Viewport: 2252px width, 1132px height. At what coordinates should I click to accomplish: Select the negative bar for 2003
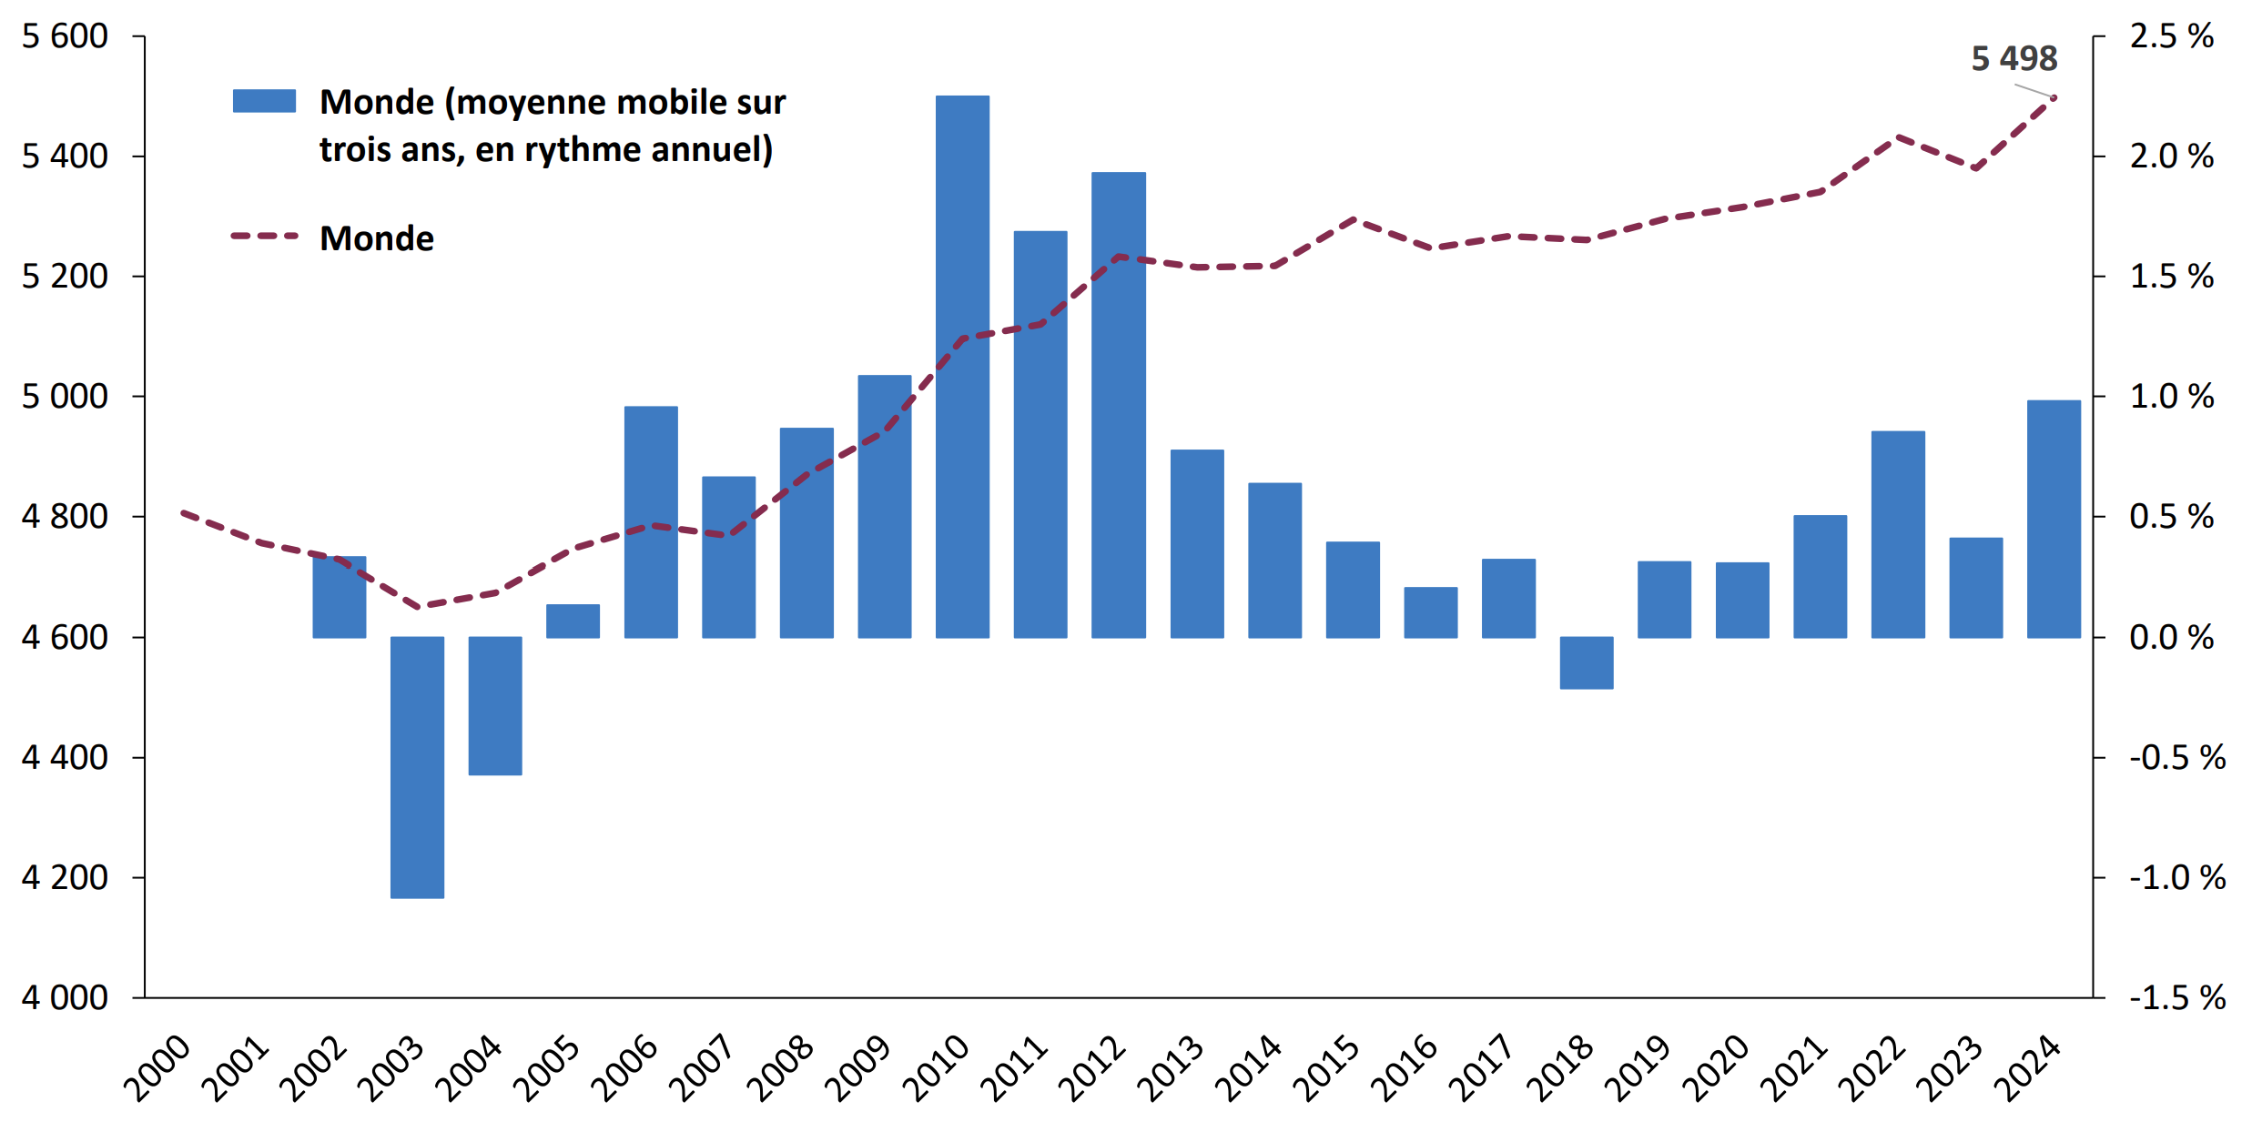click(417, 767)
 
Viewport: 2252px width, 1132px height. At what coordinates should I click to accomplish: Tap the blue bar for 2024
click(2054, 519)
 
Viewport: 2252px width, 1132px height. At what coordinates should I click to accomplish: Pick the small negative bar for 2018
click(1586, 662)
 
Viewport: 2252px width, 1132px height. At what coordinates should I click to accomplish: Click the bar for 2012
click(1119, 404)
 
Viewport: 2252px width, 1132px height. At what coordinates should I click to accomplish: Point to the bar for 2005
click(573, 621)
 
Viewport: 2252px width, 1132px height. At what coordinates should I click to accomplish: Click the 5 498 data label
click(2014, 59)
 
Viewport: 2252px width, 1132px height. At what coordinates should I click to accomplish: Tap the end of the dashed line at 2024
click(2054, 97)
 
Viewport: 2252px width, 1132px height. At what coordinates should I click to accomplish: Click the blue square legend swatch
click(264, 101)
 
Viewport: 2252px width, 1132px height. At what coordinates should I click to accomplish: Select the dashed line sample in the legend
click(264, 237)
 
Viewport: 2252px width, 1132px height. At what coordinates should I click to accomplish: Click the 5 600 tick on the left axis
click(65, 36)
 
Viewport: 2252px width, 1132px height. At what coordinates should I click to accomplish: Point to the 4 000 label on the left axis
click(65, 997)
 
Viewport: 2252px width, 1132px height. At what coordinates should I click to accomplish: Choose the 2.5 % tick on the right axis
click(2171, 36)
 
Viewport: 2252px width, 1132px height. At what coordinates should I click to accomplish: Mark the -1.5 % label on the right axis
click(2176, 997)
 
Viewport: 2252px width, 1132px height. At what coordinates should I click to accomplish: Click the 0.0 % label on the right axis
click(2171, 637)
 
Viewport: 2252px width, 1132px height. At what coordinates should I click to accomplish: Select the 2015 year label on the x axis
click(1327, 1069)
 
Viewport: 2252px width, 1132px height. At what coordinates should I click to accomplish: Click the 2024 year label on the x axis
click(2028, 1069)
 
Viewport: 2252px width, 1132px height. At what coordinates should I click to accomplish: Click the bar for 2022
click(1898, 534)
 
